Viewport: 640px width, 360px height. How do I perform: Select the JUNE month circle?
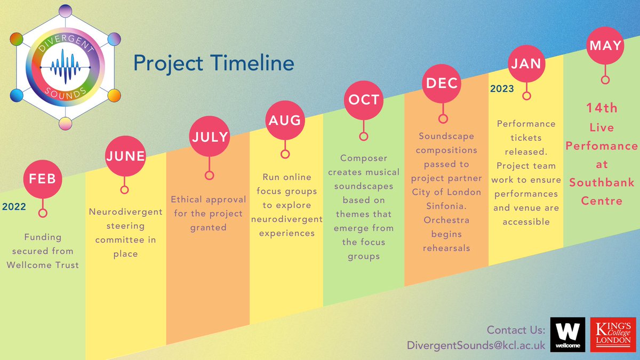click(125, 156)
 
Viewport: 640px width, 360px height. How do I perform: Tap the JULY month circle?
click(210, 137)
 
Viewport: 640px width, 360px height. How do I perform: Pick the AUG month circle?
click(285, 121)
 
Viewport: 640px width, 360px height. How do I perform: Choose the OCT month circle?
click(364, 100)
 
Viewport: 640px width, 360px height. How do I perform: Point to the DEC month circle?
click(442, 83)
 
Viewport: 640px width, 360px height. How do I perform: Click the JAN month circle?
click(526, 63)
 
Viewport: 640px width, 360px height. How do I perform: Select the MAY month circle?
click(605, 46)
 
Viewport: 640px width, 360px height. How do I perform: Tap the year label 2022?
click(14, 206)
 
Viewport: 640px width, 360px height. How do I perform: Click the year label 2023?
click(502, 89)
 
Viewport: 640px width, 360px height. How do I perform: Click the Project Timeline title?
click(213, 63)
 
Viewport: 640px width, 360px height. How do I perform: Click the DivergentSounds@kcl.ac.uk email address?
click(475, 345)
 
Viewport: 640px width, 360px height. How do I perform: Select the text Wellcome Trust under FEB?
click(43, 265)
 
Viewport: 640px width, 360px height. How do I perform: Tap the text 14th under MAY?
click(602, 108)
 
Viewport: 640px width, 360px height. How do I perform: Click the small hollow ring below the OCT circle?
click(364, 137)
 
